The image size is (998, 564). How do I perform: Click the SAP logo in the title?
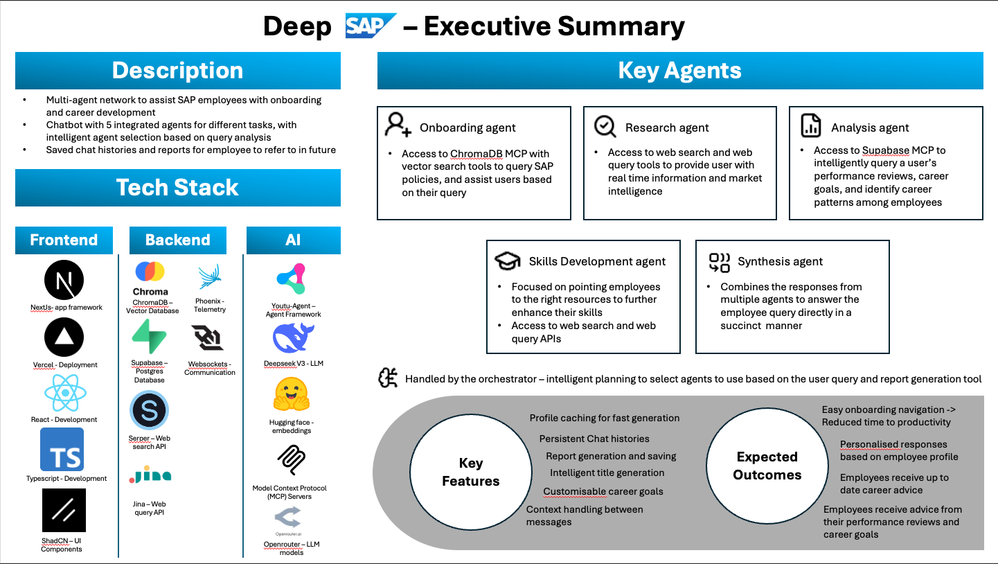(371, 26)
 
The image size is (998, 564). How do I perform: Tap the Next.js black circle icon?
(64, 281)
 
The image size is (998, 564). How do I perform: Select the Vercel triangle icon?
(64, 337)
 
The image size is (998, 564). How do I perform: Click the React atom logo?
(64, 393)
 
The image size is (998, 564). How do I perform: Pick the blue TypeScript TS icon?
(62, 449)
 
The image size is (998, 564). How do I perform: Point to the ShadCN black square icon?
(64, 511)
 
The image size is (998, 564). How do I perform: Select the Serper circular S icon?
(149, 411)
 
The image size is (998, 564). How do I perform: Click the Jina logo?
(150, 475)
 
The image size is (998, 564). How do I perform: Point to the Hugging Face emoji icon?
(292, 396)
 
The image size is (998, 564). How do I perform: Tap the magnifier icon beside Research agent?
(605, 126)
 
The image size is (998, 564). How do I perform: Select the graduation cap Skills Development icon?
(507, 261)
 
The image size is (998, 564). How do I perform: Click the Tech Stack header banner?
(178, 188)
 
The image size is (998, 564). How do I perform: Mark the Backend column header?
(178, 240)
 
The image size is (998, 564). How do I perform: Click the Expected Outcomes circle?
(767, 466)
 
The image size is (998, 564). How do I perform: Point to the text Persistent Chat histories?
(594, 439)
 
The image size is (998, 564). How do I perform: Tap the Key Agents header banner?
(679, 71)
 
